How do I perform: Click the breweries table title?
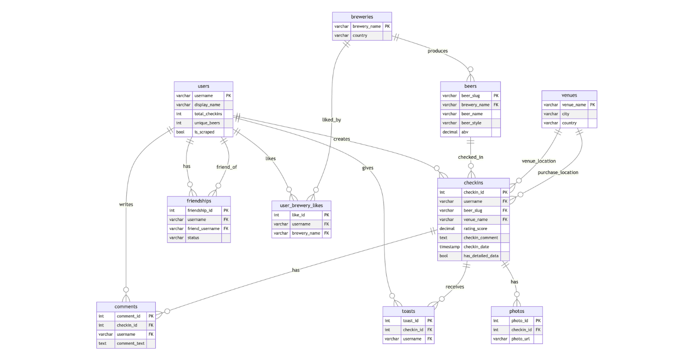(362, 17)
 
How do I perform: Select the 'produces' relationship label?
(437, 51)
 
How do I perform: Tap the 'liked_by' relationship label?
(331, 120)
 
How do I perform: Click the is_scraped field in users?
(204, 132)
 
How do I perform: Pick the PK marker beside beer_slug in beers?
(496, 96)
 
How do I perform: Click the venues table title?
(569, 96)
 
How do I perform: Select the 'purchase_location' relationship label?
(558, 173)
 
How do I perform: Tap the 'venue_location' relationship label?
(538, 161)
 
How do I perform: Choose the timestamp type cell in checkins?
(449, 247)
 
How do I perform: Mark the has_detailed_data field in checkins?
(480, 256)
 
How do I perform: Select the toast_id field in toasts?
(410, 321)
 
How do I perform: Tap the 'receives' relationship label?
(454, 287)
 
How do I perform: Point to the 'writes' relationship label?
(126, 204)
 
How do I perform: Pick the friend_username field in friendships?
(203, 229)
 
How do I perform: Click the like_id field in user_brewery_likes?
(298, 215)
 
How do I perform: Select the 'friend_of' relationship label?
(226, 167)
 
